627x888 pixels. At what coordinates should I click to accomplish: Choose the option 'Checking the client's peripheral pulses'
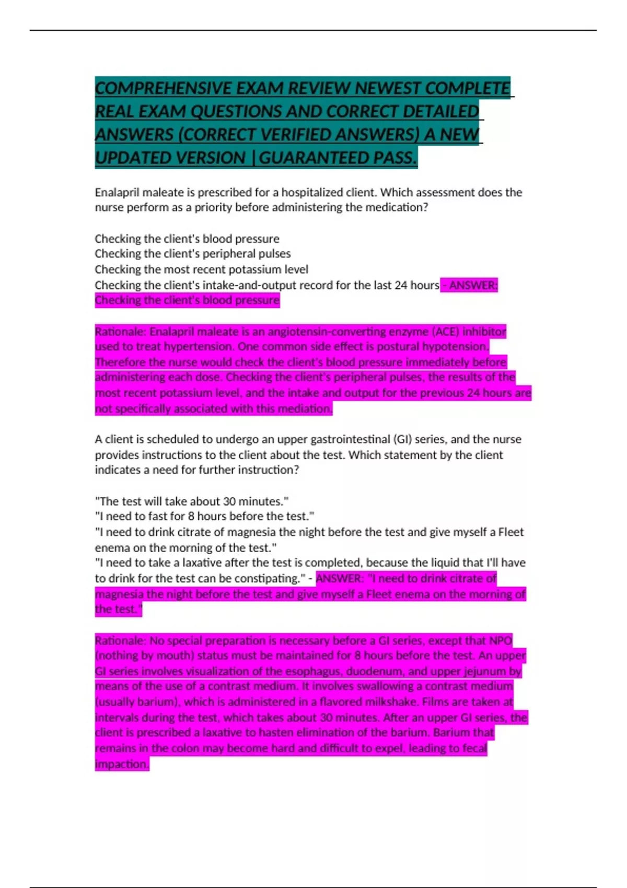click(192, 254)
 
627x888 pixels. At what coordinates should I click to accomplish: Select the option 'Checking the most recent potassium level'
click(201, 270)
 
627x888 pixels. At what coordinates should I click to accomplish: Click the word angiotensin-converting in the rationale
click(323, 332)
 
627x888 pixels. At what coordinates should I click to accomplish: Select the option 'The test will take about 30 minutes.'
click(192, 501)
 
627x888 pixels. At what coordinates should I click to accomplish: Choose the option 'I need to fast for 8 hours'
click(204, 517)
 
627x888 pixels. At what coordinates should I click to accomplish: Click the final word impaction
click(122, 764)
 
